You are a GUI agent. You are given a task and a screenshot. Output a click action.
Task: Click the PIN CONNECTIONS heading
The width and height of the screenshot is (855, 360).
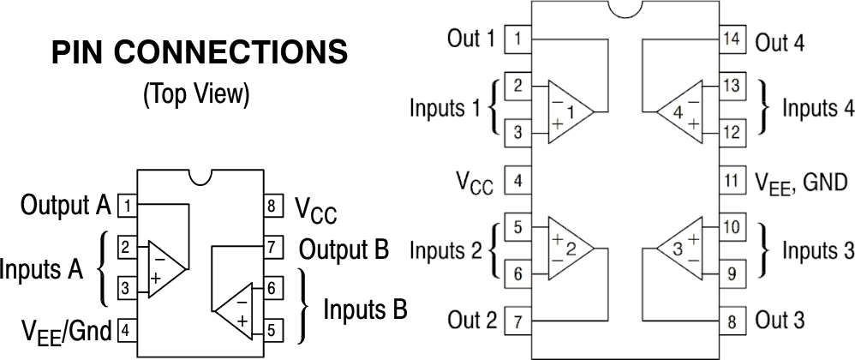200,54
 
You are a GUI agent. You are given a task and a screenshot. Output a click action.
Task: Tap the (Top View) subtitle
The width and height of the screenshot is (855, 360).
196,94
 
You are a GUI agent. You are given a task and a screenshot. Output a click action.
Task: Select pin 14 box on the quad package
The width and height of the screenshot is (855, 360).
731,39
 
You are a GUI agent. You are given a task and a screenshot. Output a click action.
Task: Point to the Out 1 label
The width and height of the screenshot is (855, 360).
471,39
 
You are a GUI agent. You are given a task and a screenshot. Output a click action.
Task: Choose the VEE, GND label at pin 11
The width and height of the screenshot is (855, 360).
800,182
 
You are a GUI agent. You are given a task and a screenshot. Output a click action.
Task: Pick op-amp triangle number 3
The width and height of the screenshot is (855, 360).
682,249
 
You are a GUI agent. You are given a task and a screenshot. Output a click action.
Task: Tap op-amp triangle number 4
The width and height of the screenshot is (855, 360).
682,111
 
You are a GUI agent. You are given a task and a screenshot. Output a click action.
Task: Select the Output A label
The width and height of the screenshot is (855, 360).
66,206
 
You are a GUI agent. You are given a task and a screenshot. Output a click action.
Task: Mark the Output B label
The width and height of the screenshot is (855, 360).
344,249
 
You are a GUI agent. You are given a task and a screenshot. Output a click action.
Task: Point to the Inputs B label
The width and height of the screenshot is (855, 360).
364,309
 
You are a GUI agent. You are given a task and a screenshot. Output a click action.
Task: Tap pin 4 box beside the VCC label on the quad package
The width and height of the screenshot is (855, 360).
517,181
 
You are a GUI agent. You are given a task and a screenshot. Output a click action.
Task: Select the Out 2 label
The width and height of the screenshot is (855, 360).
471,321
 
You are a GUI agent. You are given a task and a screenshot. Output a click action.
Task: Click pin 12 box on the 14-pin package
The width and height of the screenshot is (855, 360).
731,132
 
